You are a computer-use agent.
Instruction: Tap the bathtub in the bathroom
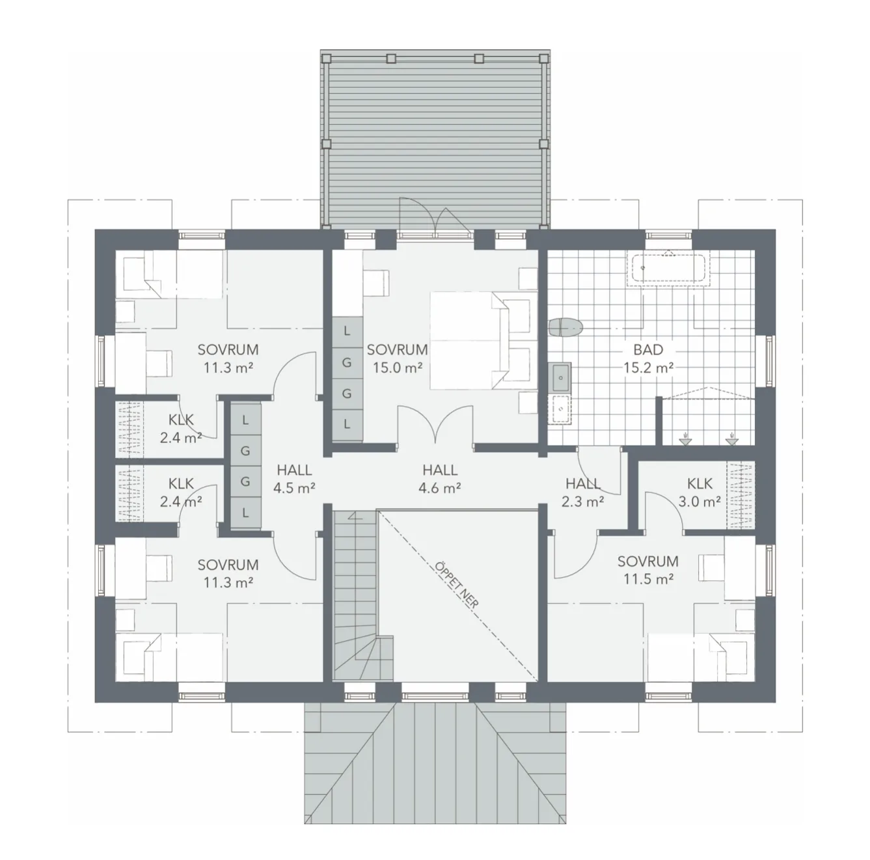(668, 268)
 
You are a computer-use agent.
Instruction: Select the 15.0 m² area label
(398, 367)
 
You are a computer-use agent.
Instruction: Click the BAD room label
(648, 350)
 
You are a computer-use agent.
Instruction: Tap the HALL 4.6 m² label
(440, 477)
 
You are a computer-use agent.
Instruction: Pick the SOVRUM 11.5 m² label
(647, 569)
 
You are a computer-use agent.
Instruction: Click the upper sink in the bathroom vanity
(560, 375)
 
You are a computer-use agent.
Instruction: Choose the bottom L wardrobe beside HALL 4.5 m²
(245, 512)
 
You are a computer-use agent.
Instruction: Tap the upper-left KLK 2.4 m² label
(181, 428)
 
